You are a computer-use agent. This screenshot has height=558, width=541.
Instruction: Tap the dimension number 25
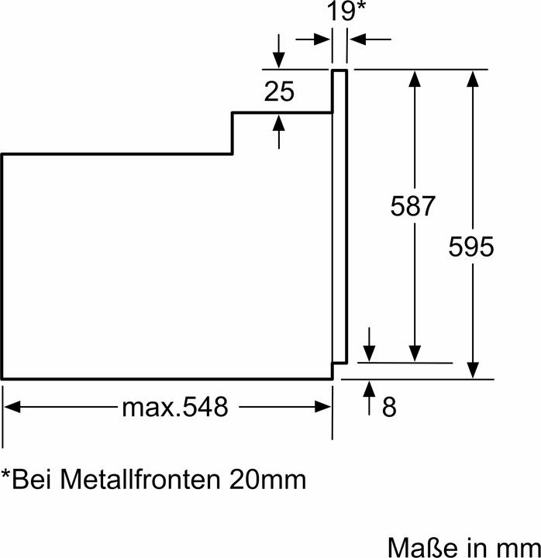[279, 92]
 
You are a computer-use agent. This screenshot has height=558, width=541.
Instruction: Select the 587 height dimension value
[413, 207]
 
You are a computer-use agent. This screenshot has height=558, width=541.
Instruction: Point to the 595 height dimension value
[470, 247]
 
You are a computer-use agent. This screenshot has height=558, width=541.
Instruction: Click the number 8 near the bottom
[389, 407]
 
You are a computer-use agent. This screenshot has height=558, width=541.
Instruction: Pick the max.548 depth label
[175, 407]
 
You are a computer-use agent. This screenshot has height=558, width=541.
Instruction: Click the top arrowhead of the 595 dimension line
[472, 77]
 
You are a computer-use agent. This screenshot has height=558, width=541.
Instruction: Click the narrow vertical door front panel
[339, 217]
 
